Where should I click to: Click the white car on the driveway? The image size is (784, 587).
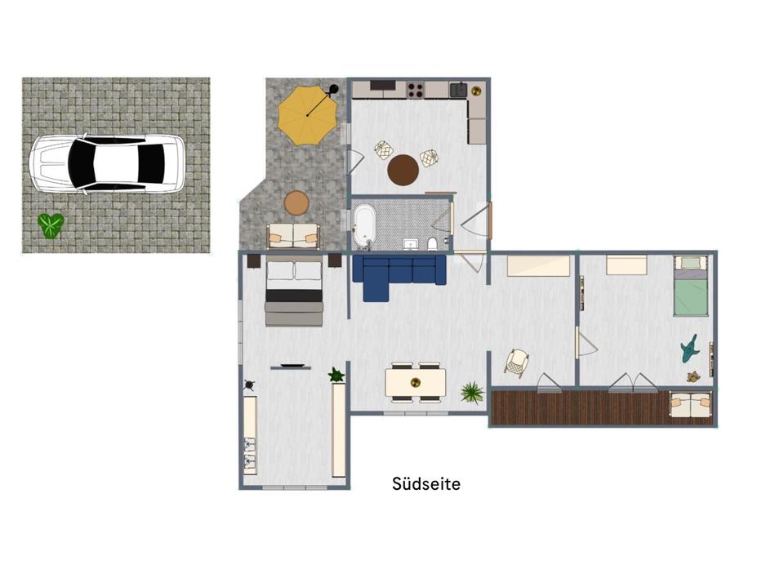(106, 163)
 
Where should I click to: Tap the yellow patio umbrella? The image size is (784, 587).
(308, 115)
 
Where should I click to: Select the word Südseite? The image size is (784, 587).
(426, 483)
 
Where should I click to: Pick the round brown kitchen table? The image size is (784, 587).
(403, 170)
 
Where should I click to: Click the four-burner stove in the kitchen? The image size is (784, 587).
(415, 90)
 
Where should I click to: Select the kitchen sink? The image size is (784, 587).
(458, 90)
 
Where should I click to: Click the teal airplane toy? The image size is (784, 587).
(690, 349)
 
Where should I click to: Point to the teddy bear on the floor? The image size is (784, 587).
(693, 377)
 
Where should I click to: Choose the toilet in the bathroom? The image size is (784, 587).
(433, 243)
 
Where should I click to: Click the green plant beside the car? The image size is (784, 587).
(51, 225)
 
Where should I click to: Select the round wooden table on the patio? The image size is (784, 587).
(297, 203)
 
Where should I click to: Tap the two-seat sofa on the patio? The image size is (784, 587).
(293, 236)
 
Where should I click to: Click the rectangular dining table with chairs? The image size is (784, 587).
(416, 383)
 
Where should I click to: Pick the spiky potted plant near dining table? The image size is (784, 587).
(471, 392)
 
